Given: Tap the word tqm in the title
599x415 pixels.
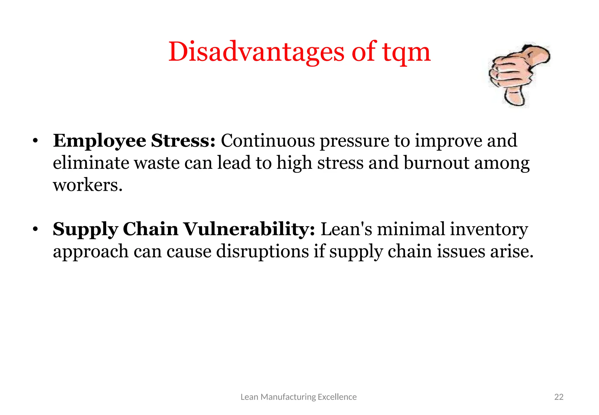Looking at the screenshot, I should coord(406,53).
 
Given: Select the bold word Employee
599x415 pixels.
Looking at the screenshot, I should coord(99,141).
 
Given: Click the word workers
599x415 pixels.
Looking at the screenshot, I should coord(87,185).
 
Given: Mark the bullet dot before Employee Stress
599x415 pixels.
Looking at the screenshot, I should coord(35,141).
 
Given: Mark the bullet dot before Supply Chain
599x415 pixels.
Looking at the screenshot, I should coord(35,229).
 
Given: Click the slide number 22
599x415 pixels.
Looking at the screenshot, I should coord(559,397).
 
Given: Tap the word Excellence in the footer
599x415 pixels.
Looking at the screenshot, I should coord(337,397).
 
